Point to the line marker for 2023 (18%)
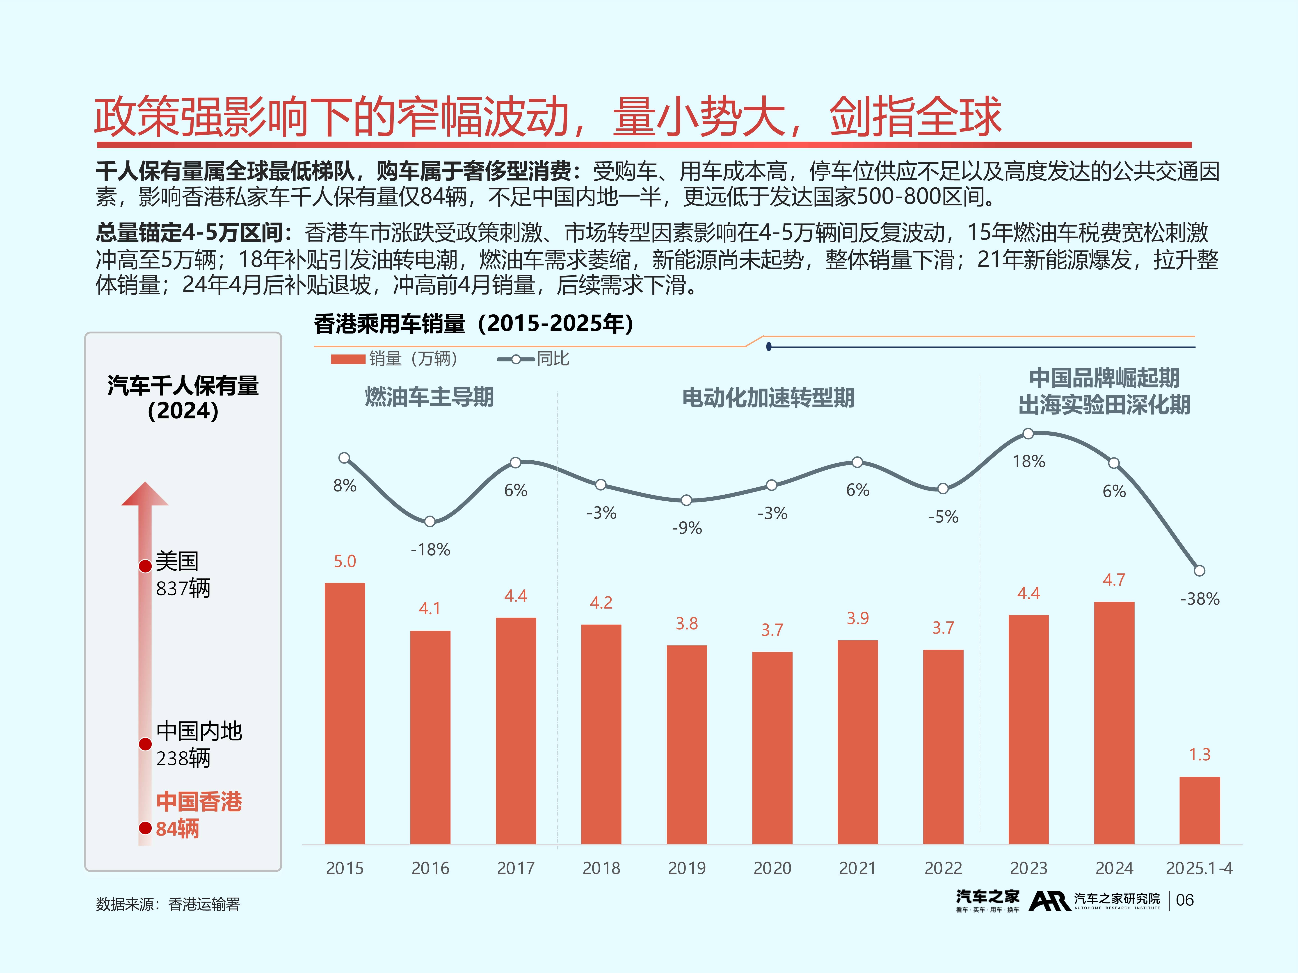pos(1028,433)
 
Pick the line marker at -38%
pos(1200,570)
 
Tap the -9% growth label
pos(687,528)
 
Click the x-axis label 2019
pos(687,868)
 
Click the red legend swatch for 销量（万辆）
pos(348,359)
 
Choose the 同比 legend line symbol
pos(515,359)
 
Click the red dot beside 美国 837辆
pos(145,566)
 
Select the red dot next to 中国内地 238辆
pos(145,744)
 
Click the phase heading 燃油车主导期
pos(429,397)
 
